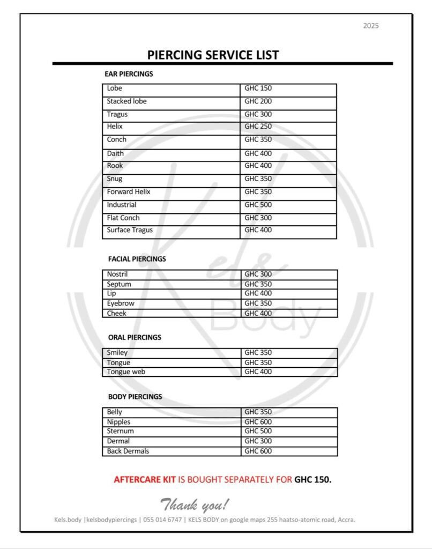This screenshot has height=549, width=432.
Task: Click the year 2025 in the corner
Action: pyautogui.click(x=370, y=26)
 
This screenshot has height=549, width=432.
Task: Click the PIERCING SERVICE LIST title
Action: pyautogui.click(x=213, y=55)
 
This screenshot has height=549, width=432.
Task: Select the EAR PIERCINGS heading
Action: pyautogui.click(x=129, y=74)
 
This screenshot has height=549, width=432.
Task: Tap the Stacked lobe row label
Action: pyautogui.click(x=126, y=101)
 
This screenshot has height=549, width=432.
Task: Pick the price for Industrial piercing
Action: pyautogui.click(x=258, y=205)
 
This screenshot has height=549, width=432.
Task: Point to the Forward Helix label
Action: pyautogui.click(x=129, y=192)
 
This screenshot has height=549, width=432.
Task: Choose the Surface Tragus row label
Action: pyautogui.click(x=130, y=230)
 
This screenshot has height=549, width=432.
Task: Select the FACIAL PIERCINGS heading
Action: pyautogui.click(x=137, y=259)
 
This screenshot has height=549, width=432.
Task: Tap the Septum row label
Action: pyautogui.click(x=119, y=284)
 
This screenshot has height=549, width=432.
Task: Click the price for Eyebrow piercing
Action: pyautogui.click(x=258, y=303)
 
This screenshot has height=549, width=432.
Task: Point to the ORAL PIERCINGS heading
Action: pyautogui.click(x=135, y=337)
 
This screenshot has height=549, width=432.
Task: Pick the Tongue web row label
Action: pyautogui.click(x=126, y=372)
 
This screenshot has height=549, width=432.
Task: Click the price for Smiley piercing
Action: pyautogui.click(x=258, y=353)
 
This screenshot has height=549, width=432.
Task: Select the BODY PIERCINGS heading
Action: pyautogui.click(x=135, y=397)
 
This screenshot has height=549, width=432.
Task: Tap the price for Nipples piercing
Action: pyautogui.click(x=258, y=422)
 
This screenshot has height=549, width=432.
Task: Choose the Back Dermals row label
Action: pyautogui.click(x=128, y=451)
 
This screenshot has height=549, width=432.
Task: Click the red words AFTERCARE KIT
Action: pyautogui.click(x=144, y=479)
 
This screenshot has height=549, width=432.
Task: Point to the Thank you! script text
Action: pyautogui.click(x=195, y=505)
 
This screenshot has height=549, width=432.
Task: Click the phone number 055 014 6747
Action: pyautogui.click(x=163, y=520)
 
